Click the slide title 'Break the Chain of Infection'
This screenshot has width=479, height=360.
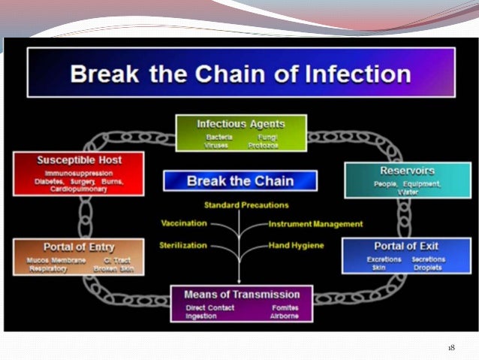[240, 74]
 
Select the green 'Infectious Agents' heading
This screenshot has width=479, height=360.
[240, 123]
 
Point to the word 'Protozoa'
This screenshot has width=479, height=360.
[264, 145]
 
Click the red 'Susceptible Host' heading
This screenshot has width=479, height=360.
[79, 161]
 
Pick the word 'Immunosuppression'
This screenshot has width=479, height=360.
[79, 173]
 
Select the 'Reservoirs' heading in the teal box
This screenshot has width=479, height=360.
[408, 171]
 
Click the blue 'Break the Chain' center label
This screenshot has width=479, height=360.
[239, 181]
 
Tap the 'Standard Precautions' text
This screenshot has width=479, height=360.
[246, 205]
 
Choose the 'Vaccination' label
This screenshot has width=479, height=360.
[183, 223]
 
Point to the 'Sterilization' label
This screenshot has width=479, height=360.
[183, 245]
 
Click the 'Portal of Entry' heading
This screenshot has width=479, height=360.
[78, 247]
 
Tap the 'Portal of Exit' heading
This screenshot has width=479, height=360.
[406, 246]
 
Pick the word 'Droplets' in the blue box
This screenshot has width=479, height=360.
[429, 267]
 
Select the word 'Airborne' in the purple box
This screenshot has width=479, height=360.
[285, 316]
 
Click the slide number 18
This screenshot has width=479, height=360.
[451, 347]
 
